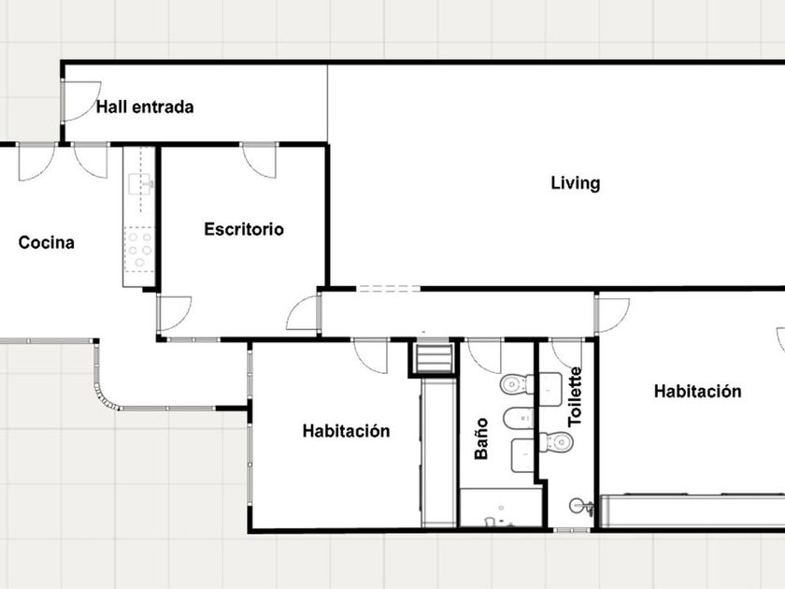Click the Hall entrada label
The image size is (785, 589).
[145, 108]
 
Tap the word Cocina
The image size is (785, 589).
[47, 243]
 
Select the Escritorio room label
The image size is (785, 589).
[244, 229]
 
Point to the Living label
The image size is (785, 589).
[576, 183]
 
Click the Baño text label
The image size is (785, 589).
[481, 438]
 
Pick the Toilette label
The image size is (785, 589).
[576, 396]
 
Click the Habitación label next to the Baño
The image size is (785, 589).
[346, 431]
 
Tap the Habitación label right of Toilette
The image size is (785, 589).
[697, 391]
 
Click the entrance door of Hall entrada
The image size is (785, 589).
[80, 101]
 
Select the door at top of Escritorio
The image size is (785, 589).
[259, 160]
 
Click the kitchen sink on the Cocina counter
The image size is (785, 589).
[140, 184]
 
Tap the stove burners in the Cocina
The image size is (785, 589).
[139, 250]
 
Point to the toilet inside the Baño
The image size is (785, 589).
[517, 384]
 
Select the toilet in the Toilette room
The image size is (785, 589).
[557, 442]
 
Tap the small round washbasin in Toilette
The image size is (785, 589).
[580, 507]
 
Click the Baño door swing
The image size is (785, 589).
[483, 356]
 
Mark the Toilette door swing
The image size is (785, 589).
[567, 354]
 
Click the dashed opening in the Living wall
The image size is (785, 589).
[388, 289]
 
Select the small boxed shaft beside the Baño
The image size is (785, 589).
[434, 357]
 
